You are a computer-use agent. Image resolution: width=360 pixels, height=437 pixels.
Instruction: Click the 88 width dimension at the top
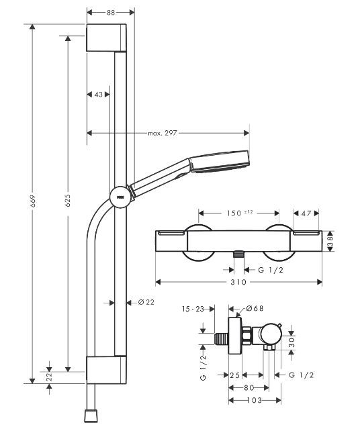tap(110, 12)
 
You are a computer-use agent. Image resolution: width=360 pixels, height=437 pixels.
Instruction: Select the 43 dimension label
tap(99, 95)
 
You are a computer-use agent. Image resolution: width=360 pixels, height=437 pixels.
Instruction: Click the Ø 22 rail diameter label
tap(146, 302)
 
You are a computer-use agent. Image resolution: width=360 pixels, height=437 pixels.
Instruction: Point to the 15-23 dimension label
tap(193, 309)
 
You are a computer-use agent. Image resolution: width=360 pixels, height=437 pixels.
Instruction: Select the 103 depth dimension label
tap(255, 401)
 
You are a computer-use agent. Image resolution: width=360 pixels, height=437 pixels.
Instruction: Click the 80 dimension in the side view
tap(249, 387)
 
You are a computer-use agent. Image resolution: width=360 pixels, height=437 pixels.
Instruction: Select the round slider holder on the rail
tap(118, 196)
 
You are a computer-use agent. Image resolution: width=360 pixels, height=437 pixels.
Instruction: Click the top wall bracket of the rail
tap(106, 38)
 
